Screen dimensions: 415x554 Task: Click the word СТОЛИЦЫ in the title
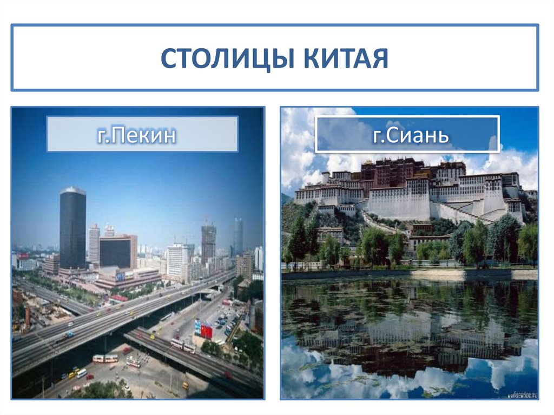(227, 58)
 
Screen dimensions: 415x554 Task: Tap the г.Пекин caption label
(142, 134)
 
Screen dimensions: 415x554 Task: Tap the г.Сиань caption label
(407, 134)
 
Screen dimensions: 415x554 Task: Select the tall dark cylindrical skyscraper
(72, 227)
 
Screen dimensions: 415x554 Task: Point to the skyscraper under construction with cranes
(208, 243)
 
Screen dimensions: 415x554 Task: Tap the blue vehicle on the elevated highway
(70, 334)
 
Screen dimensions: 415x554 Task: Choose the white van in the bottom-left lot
(81, 373)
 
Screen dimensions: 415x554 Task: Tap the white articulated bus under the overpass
(105, 358)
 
